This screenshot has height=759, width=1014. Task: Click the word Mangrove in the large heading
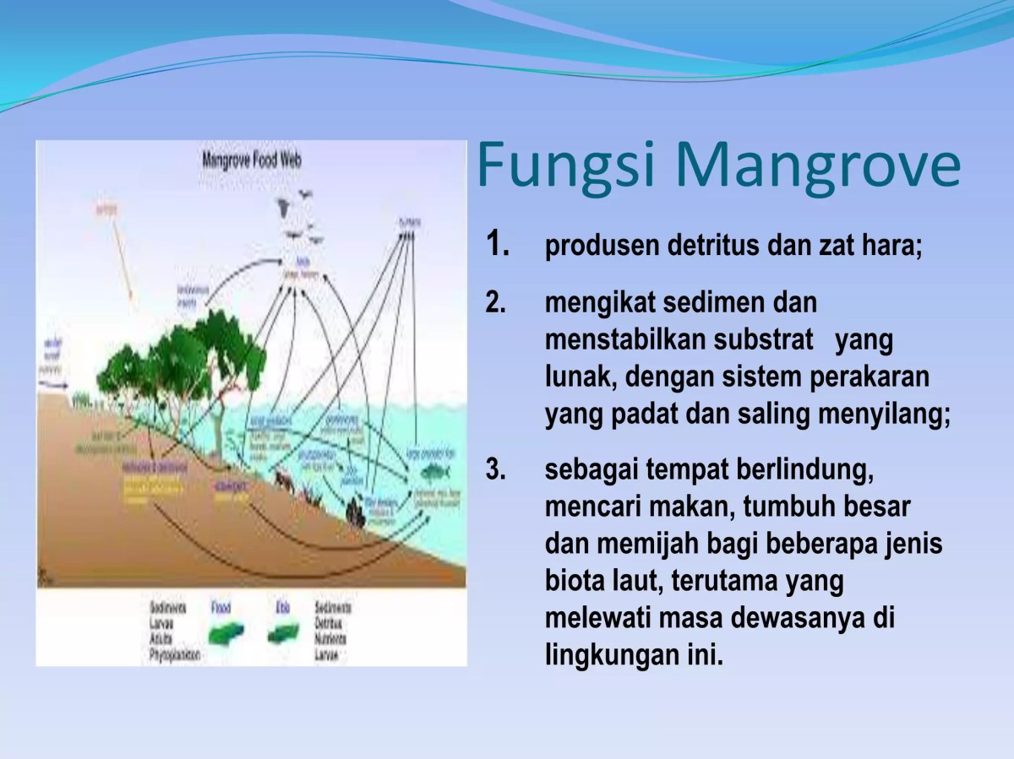point(819,167)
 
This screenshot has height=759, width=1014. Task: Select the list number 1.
point(498,246)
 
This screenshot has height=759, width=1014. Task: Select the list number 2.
point(495,302)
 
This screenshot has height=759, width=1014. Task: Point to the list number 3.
point(495,470)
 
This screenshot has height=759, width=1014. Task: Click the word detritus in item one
point(713,247)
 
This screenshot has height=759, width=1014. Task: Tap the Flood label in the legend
point(221,607)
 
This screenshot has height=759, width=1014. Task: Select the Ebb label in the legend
point(281,607)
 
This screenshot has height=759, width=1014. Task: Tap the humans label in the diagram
point(409,223)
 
